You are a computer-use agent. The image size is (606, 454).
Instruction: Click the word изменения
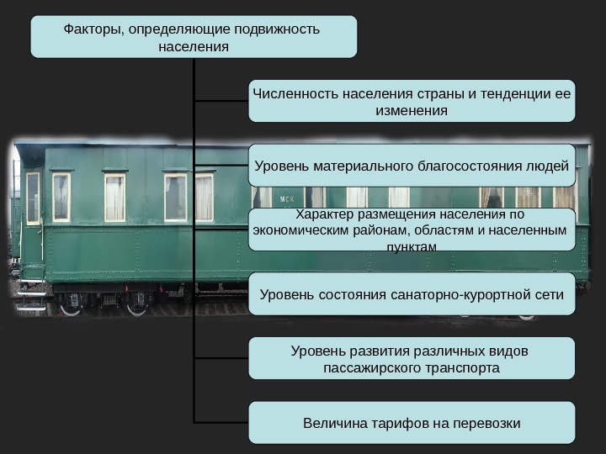pos(412,109)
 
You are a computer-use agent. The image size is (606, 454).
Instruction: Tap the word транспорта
pos(460,368)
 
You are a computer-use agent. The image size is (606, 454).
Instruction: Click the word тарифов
pos(403,422)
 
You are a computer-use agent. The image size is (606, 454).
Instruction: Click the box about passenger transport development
pos(412,359)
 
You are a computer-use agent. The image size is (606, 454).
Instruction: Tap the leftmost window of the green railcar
pos(34,198)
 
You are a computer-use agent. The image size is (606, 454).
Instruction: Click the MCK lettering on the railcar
pos(287,200)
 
